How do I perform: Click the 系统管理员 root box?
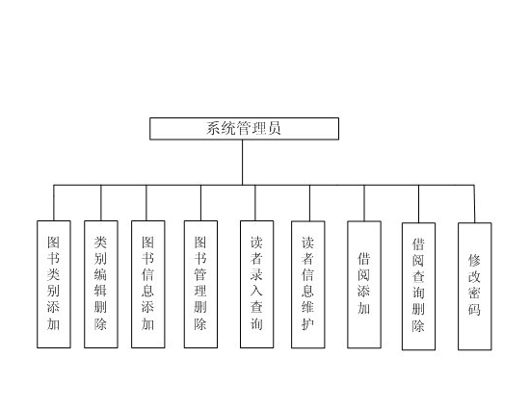pyautogui.click(x=244, y=129)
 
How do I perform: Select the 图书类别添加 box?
pyautogui.click(x=54, y=285)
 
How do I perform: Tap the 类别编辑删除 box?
pyautogui.click(x=101, y=285)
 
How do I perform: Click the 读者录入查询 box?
pyautogui.click(x=256, y=285)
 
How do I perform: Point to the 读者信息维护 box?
pyautogui.click(x=308, y=285)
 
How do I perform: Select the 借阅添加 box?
pyautogui.click(x=364, y=285)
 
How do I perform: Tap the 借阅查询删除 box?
pyautogui.click(x=419, y=286)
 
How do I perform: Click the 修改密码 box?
pyautogui.click(x=474, y=286)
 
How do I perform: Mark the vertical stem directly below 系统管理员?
pyautogui.click(x=244, y=162)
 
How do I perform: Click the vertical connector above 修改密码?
pyautogui.click(x=474, y=203)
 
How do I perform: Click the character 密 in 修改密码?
pyautogui.click(x=474, y=294)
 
